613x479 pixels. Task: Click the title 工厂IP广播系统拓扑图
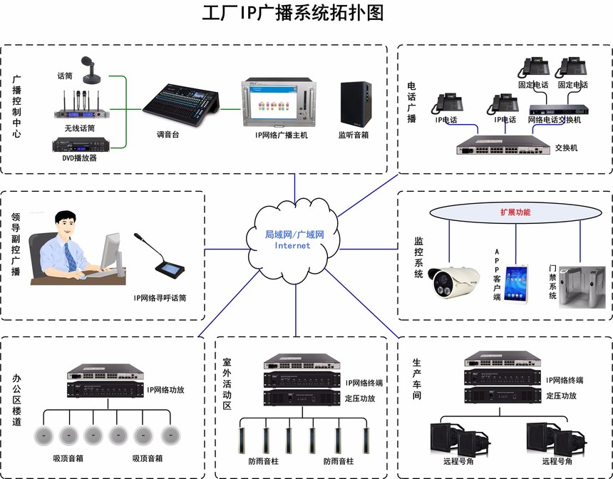pyautogui.click(x=293, y=14)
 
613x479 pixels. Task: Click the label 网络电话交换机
pyautogui.click(x=555, y=120)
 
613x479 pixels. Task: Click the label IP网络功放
pyautogui.click(x=166, y=390)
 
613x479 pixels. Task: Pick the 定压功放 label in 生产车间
pyautogui.click(x=561, y=396)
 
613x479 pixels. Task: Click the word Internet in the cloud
pyautogui.click(x=292, y=246)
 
